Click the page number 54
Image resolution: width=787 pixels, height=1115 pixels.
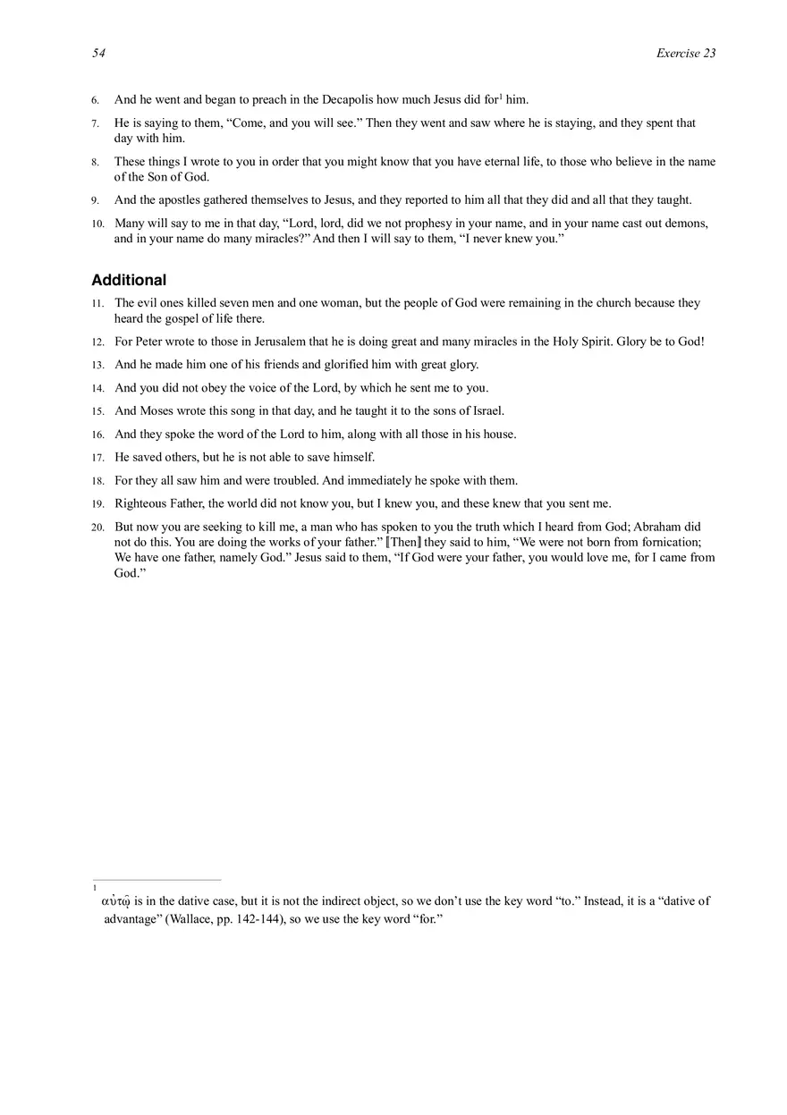(98, 54)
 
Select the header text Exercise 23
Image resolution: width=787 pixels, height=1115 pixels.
(686, 54)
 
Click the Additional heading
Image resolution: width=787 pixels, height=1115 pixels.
(129, 280)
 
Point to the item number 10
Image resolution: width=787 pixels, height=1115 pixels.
(97, 224)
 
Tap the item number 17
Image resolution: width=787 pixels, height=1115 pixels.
(97, 458)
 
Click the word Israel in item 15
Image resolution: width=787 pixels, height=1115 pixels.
(487, 411)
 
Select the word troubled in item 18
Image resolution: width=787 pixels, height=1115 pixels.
(335, 481)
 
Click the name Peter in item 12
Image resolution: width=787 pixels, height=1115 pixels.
(148, 342)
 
